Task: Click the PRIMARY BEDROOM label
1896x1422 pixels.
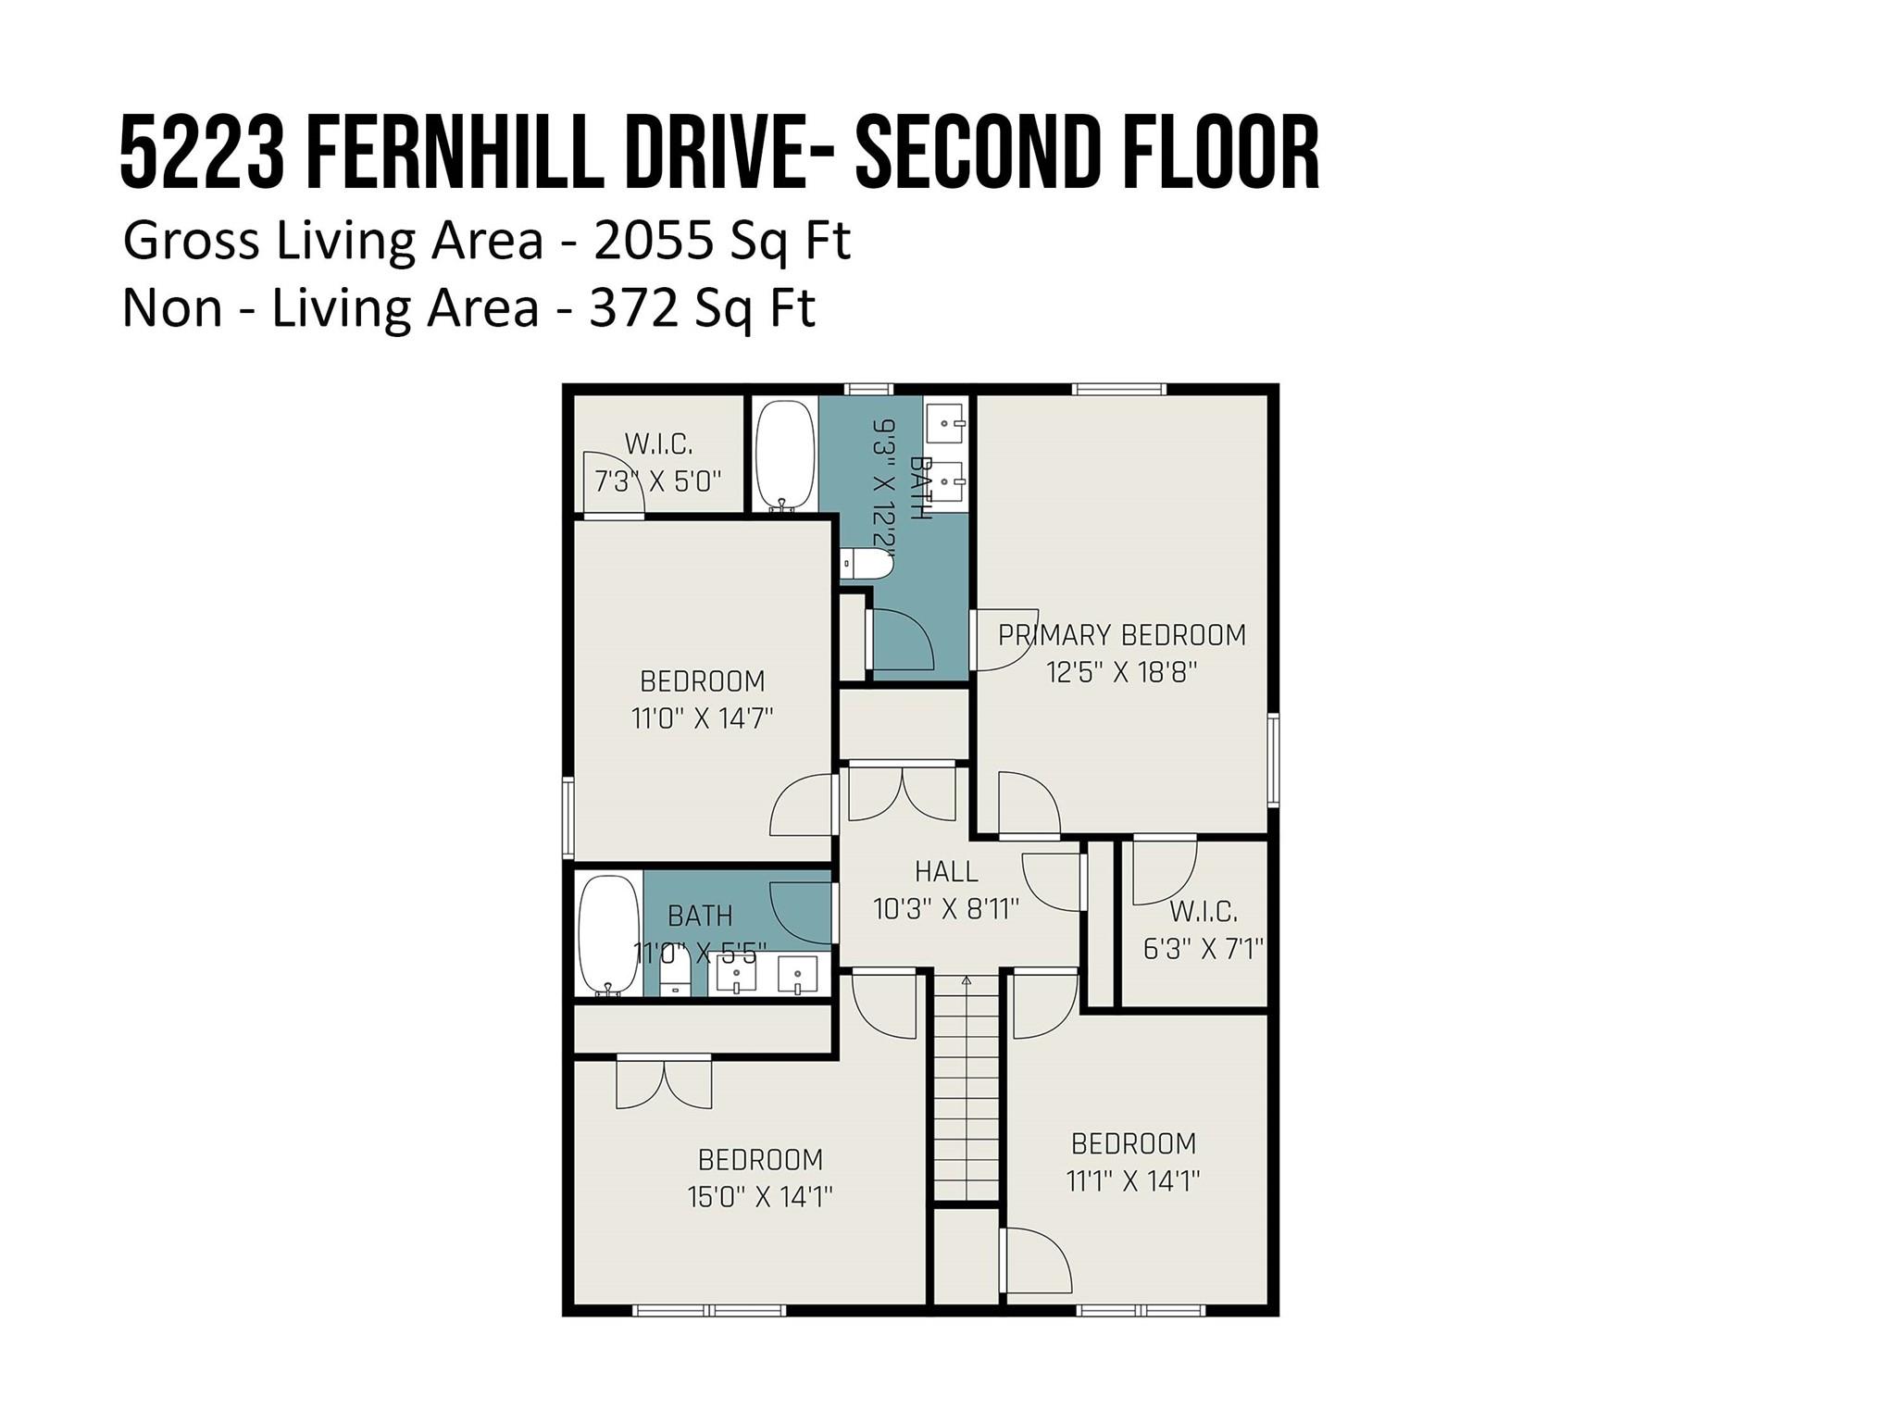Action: tap(1121, 635)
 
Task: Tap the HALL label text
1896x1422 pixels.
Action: tap(946, 871)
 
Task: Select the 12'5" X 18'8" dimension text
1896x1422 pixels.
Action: tap(1122, 672)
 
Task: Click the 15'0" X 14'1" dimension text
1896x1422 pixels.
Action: tap(760, 1197)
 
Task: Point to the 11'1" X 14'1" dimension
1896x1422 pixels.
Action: tap(1133, 1181)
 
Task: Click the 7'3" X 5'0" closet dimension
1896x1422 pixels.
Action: tap(657, 481)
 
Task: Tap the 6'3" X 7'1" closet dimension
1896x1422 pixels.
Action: tap(1204, 949)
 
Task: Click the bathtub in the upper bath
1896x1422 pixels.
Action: tap(785, 455)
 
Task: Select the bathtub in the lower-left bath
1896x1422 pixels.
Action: tap(608, 935)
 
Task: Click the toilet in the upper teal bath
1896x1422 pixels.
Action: tap(866, 562)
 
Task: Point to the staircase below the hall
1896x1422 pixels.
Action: tap(966, 1087)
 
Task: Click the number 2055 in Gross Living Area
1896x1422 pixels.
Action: tap(654, 241)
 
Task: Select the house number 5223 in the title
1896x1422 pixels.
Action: tap(202, 154)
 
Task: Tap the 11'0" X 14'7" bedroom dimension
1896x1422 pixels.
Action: tap(702, 718)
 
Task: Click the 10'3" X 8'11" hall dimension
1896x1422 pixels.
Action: tap(946, 909)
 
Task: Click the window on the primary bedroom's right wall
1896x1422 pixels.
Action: tap(1274, 759)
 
